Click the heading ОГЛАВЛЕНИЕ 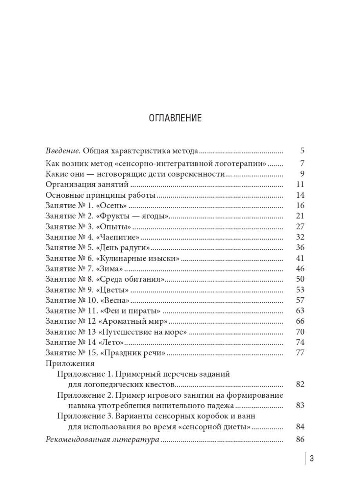pyautogui.click(x=175, y=118)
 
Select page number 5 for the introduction pyautogui.click(x=302, y=151)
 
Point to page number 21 pyautogui.click(x=300, y=216)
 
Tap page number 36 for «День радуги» pyautogui.click(x=300, y=248)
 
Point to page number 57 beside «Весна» pyautogui.click(x=300, y=301)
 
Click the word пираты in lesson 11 pyautogui.click(x=146, y=311)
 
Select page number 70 pyautogui.click(x=300, y=332)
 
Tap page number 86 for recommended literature pyautogui.click(x=300, y=439)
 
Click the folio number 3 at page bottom pyautogui.click(x=312, y=459)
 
